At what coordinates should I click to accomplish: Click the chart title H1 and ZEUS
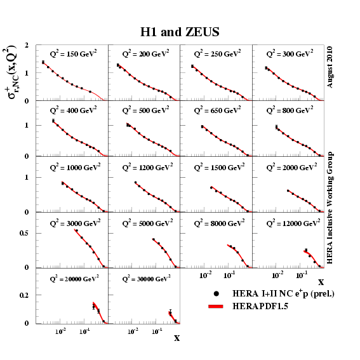tap(180, 32)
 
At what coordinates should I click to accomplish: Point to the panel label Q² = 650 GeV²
tap(217, 110)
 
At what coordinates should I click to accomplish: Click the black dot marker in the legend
tap(217, 293)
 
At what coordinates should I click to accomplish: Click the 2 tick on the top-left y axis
tap(27, 46)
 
